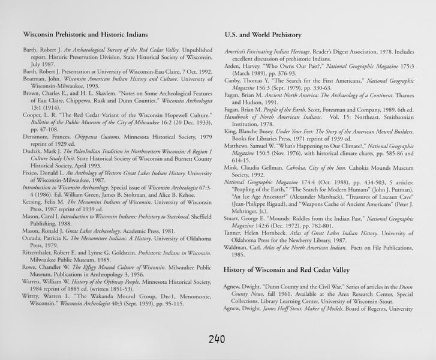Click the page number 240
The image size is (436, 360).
[x=217, y=339]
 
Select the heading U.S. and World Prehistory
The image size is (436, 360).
[x=263, y=35]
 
